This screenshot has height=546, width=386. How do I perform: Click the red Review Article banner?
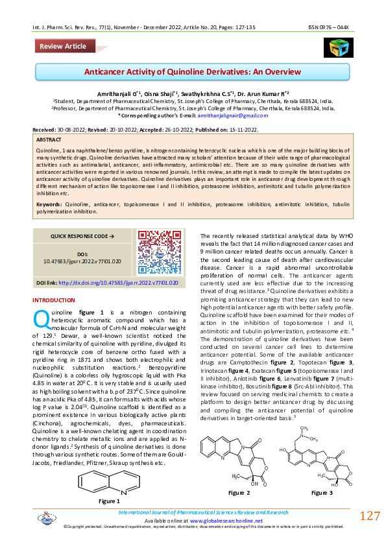[63, 47]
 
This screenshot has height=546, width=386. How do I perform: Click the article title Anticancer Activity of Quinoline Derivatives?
[193, 75]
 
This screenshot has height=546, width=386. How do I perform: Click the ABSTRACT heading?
[49, 139]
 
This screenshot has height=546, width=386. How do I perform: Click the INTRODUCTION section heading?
[54, 300]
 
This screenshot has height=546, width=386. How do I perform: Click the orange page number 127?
[369, 516]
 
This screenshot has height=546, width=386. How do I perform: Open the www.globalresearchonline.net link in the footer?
[226, 521]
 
